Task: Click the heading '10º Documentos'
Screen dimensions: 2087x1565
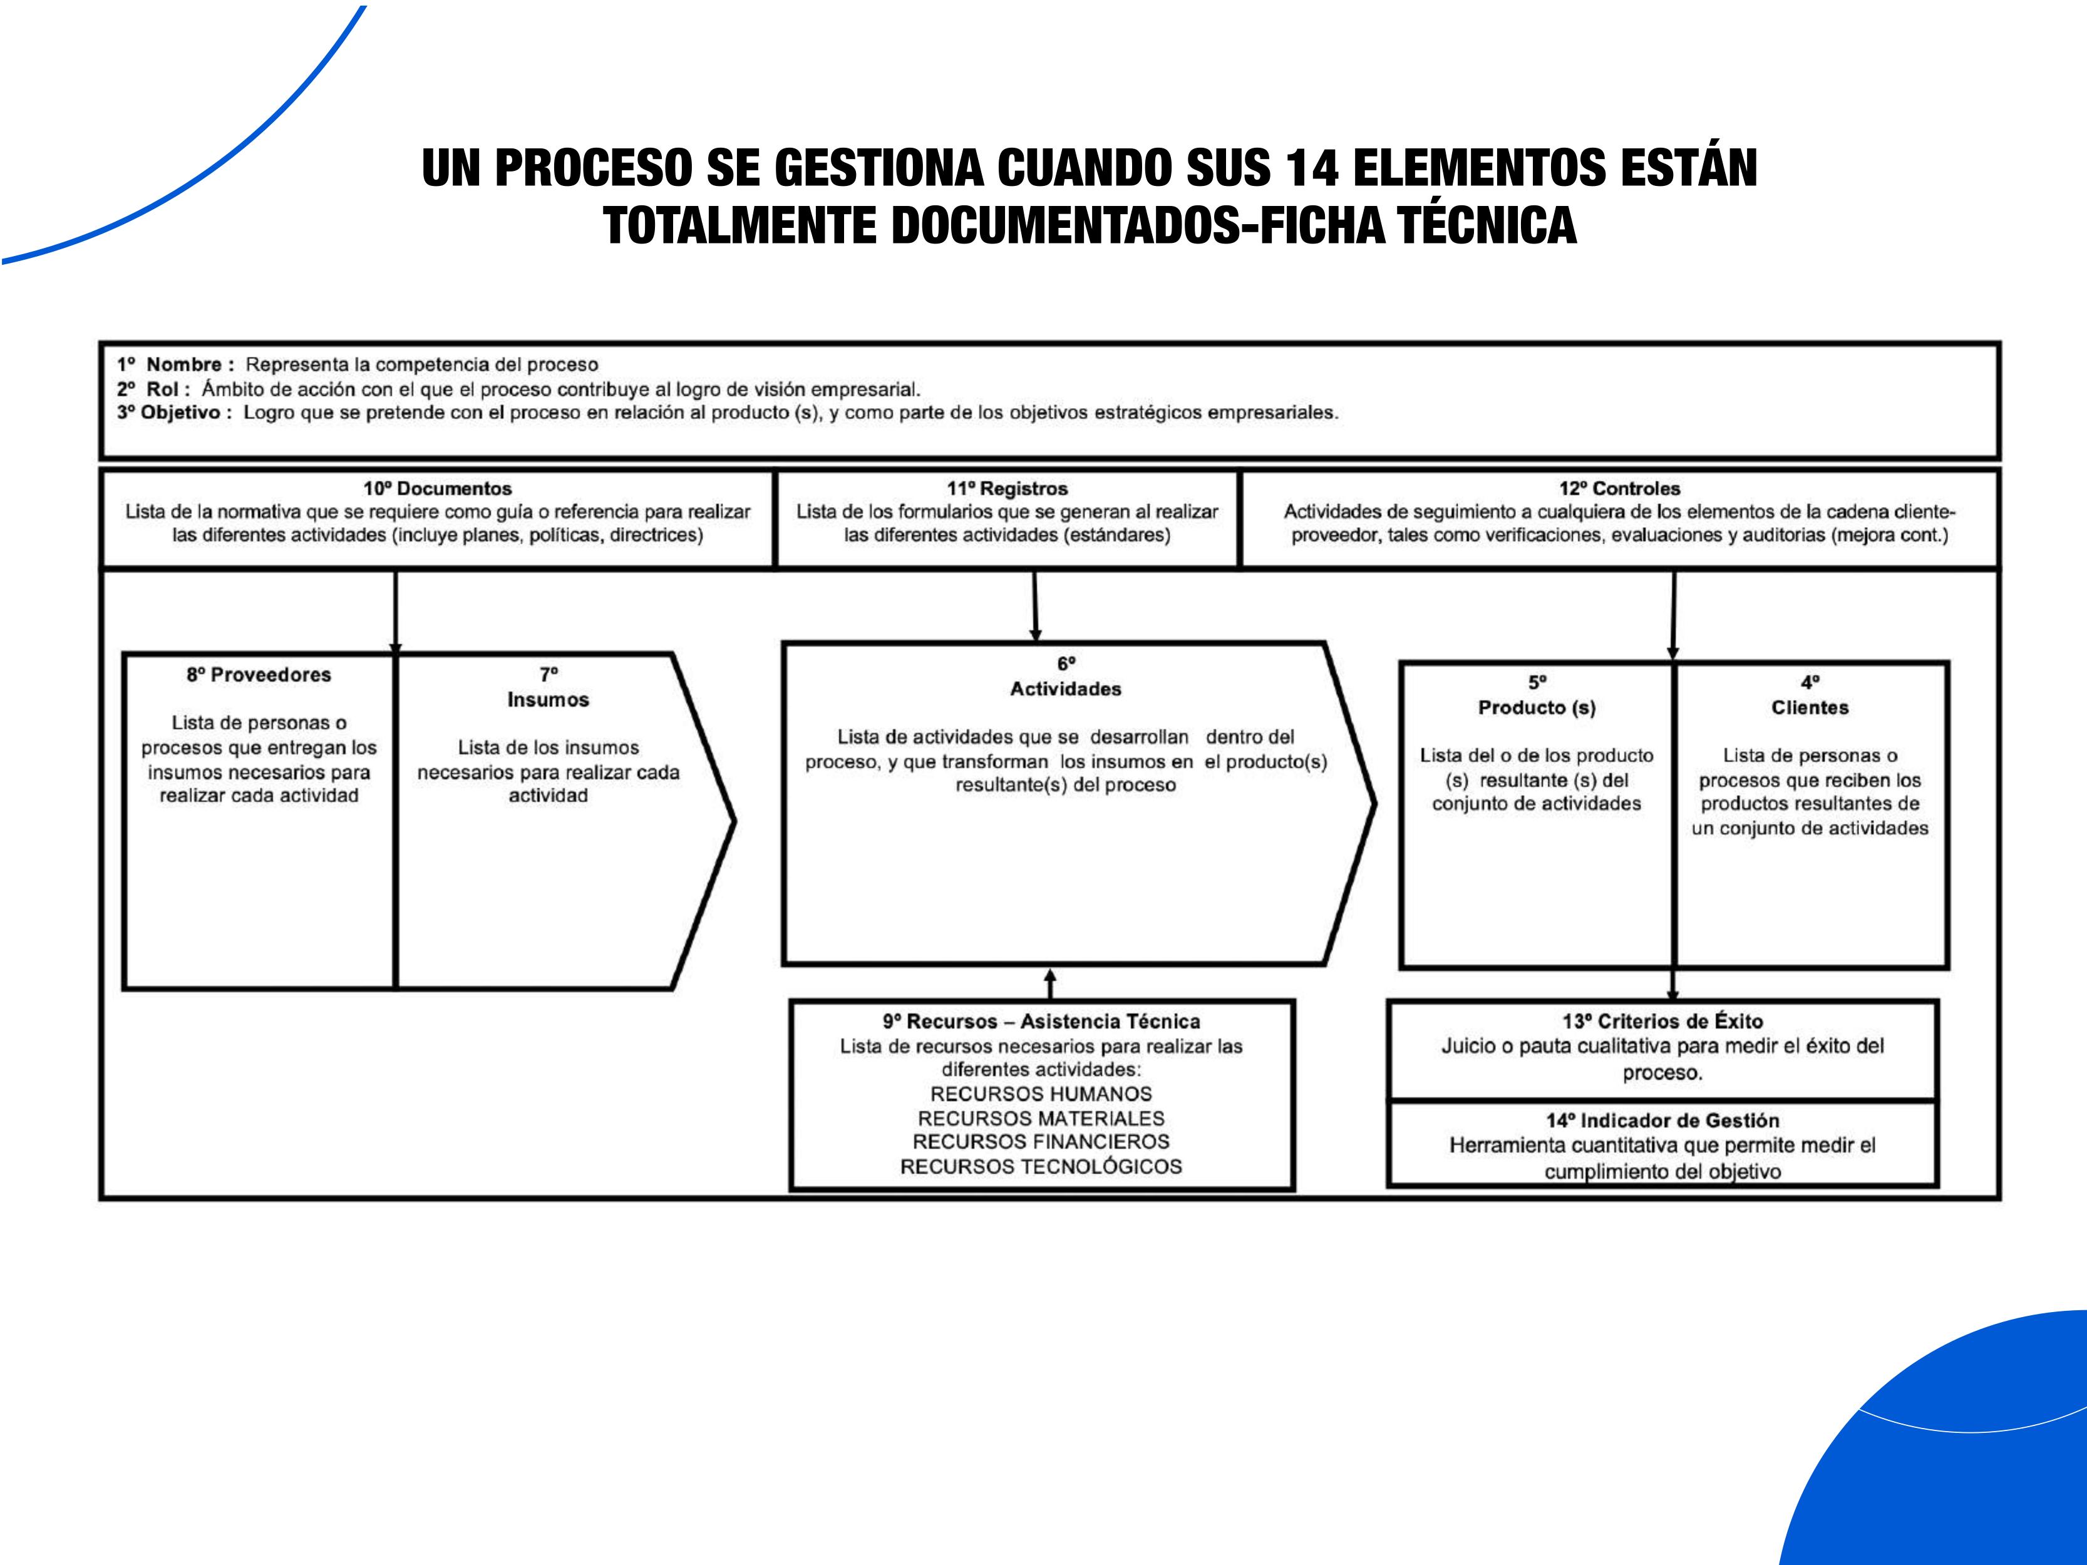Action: [437, 489]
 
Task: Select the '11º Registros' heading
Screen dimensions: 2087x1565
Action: [1007, 489]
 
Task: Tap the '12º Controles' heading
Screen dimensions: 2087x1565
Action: [1619, 489]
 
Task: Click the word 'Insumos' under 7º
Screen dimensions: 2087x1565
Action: [548, 700]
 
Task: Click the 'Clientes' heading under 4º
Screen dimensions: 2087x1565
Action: [1810, 707]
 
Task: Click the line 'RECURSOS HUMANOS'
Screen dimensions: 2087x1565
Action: [1041, 1094]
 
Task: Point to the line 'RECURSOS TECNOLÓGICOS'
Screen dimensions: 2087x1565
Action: [1041, 1167]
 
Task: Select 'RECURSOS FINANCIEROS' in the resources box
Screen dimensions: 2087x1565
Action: [1041, 1142]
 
